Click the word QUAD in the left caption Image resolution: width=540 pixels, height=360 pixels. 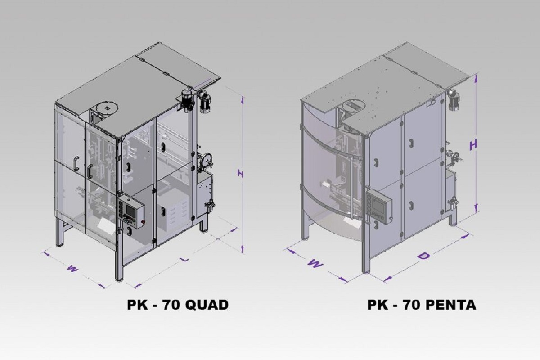click(x=207, y=305)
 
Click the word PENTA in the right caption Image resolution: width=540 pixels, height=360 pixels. click(x=450, y=305)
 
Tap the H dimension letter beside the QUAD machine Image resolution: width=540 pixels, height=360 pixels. click(x=240, y=174)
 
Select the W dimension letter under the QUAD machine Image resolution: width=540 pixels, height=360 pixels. click(x=72, y=268)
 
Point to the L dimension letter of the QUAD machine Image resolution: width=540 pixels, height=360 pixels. click(x=184, y=259)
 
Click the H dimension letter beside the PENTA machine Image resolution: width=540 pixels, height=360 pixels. click(x=474, y=145)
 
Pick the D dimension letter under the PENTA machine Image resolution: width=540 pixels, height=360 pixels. click(x=424, y=256)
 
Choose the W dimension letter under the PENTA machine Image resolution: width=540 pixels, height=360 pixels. click(x=315, y=263)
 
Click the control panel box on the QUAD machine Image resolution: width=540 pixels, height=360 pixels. click(x=131, y=211)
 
